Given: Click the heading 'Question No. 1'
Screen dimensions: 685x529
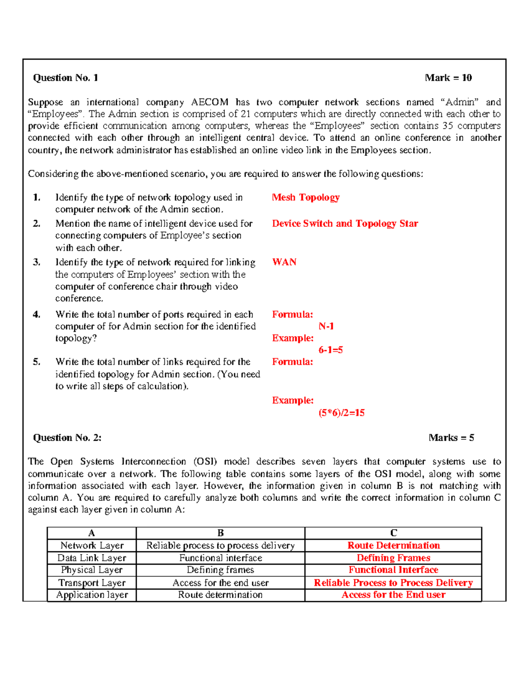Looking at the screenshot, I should point(65,78).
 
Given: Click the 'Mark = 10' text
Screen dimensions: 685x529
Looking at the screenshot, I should point(448,78).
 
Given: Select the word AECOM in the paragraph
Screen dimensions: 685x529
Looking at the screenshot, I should point(209,102).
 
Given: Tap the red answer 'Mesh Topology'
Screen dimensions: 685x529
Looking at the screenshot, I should point(305,198).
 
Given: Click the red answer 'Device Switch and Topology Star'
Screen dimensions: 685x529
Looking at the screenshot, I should point(345,224).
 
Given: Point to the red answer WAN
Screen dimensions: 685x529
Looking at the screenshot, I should point(284,262).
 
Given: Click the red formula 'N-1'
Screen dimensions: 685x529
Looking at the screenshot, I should point(326,326).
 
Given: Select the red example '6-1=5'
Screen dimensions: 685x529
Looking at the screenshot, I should point(331,350).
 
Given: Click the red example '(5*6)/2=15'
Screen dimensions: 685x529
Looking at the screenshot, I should point(342,413).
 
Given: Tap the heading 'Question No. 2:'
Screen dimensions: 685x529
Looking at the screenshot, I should point(67,438).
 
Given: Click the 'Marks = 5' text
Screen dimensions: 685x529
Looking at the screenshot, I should point(451,438).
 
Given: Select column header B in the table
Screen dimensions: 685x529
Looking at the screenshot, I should point(220,533).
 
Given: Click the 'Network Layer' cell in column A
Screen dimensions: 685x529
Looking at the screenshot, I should point(92,546).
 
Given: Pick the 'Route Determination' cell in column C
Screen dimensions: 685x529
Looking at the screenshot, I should point(393,546).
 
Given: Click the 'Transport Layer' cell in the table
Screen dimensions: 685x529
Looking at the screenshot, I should point(92,583).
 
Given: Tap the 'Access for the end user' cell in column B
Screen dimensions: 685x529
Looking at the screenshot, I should point(220,583).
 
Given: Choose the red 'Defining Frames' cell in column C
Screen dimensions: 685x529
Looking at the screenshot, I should point(393,558).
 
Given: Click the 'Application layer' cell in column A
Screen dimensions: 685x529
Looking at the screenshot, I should point(92,595).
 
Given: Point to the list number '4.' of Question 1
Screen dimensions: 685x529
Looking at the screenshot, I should point(37,314).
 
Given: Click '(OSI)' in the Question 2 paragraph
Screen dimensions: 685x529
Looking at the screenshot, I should point(205,462).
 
